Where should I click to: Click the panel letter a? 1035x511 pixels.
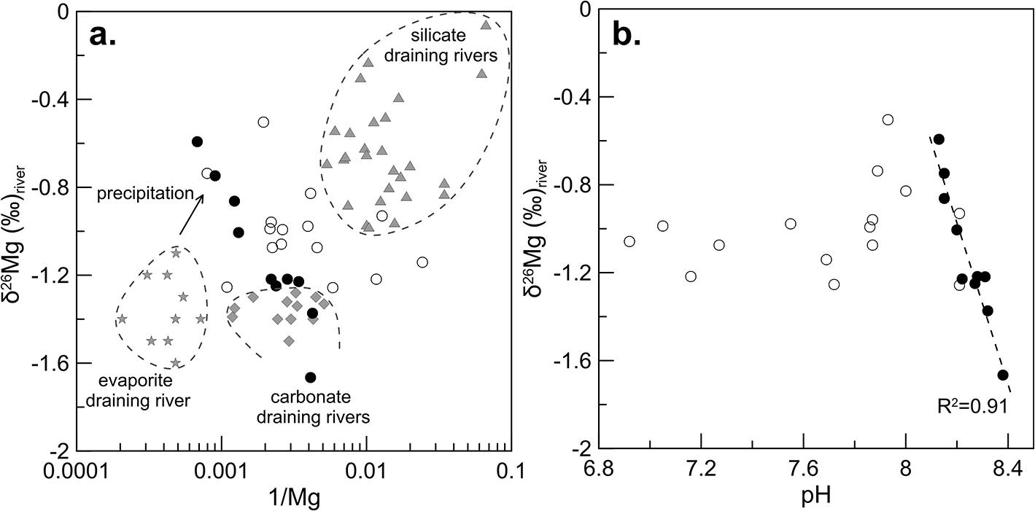point(103,34)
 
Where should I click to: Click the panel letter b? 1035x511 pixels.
point(627,34)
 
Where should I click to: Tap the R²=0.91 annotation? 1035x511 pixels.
point(971,405)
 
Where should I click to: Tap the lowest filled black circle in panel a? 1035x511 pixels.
point(311,377)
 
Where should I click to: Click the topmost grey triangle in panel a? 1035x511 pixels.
point(486,25)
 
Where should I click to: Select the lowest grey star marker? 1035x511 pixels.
point(175,362)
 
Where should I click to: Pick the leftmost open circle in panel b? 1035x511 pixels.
point(629,241)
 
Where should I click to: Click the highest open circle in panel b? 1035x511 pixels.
point(888,120)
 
